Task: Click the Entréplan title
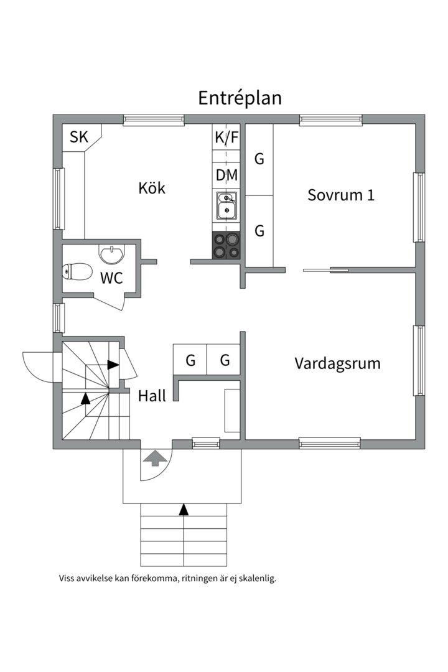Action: (240, 98)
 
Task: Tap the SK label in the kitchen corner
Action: (79, 138)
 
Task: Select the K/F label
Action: (226, 138)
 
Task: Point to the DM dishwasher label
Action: (226, 175)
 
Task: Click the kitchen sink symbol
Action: (226, 206)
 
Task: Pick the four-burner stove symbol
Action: (226, 245)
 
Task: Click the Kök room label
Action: (152, 188)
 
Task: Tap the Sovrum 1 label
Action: (341, 195)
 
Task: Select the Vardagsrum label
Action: (337, 363)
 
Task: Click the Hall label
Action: (152, 396)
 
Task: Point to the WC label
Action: (111, 278)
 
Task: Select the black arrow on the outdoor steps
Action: (184, 510)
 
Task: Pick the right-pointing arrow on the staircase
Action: (113, 365)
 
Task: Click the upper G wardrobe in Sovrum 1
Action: (259, 159)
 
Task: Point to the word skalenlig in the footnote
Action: (255, 578)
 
